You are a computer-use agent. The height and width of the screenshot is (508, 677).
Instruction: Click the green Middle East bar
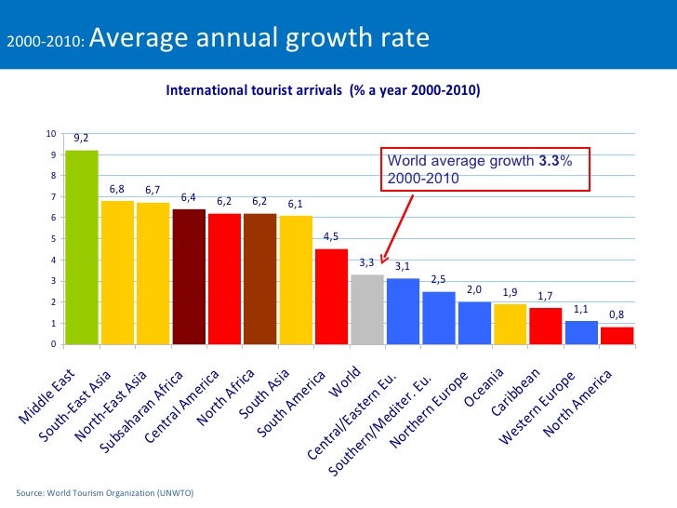(82, 247)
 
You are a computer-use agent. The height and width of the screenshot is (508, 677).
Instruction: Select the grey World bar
(367, 309)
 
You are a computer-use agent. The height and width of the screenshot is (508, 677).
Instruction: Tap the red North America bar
(617, 335)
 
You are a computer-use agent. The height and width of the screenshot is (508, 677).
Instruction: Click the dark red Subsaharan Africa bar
(189, 276)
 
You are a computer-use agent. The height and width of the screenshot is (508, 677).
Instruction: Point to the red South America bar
(332, 296)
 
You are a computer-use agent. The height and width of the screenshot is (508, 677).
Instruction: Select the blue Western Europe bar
(581, 332)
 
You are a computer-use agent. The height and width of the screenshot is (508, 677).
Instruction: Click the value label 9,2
(82, 138)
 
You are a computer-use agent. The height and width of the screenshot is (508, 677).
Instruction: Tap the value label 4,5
(331, 236)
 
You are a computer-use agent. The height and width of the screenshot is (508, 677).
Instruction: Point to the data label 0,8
(617, 314)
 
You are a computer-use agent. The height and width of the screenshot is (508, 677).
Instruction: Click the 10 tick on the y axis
(51, 133)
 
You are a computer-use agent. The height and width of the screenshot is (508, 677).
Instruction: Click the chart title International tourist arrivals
(322, 91)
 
